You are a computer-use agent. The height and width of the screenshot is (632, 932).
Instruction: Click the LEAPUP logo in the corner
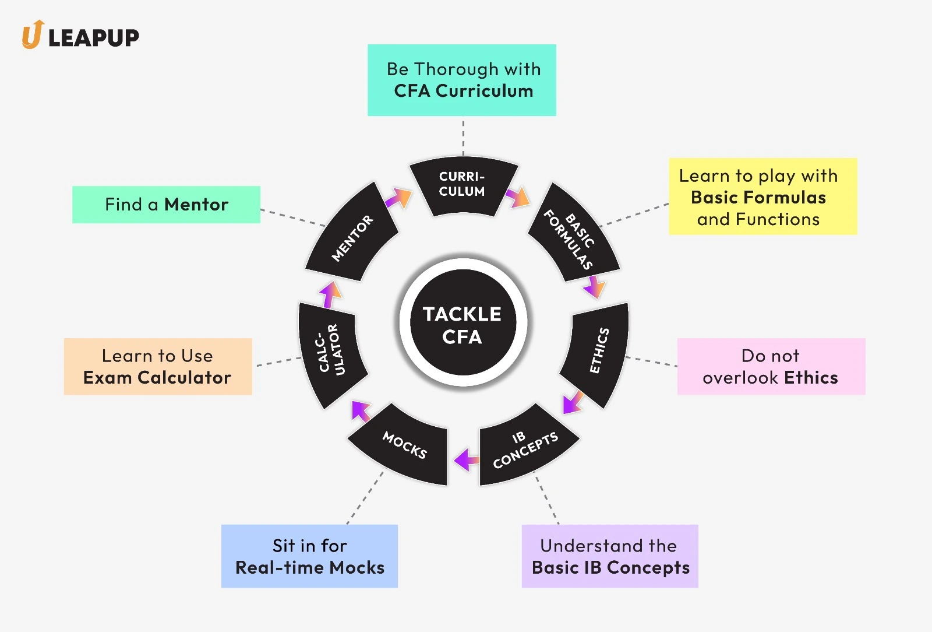pos(80,36)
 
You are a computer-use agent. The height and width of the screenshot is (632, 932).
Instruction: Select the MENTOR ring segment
pos(352,237)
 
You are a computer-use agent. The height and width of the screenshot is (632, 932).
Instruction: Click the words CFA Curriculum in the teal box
pos(464,92)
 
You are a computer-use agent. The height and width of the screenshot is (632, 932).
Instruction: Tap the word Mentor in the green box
pos(196,205)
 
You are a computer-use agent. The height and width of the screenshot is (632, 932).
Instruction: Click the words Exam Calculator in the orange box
pos(157,378)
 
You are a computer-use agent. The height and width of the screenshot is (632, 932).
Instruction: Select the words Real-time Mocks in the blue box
pos(310,568)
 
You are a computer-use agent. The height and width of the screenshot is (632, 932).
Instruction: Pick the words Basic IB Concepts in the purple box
pos(610,568)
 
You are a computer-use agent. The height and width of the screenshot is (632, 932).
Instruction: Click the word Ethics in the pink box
pos(811,378)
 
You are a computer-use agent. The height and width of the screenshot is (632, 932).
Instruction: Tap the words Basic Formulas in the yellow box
pos(758,198)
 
